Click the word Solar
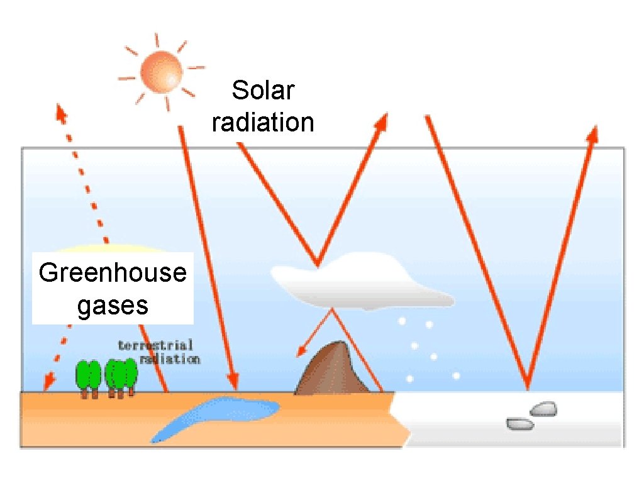tap(262, 91)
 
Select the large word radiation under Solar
tap(263, 122)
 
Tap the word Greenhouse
tap(113, 274)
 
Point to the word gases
tap(113, 306)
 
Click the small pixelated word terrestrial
tap(155, 345)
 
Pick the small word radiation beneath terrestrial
tap(170, 359)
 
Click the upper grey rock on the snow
tap(543, 409)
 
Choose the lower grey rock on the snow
tap(520, 425)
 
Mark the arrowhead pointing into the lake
tap(233, 381)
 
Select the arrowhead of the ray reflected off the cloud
tap(381, 122)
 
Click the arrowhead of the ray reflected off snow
tap(592, 133)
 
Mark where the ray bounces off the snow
tap(527, 386)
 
